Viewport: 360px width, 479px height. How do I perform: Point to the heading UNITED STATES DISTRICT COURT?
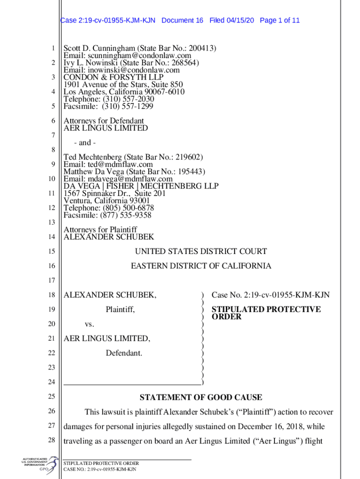201,252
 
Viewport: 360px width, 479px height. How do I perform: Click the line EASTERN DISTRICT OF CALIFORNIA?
201,266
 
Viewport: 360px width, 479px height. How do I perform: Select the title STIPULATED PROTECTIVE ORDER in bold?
266,313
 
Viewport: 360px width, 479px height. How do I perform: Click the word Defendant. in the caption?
124,353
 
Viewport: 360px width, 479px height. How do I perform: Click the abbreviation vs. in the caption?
89,324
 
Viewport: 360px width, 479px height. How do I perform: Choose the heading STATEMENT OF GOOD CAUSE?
201,398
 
